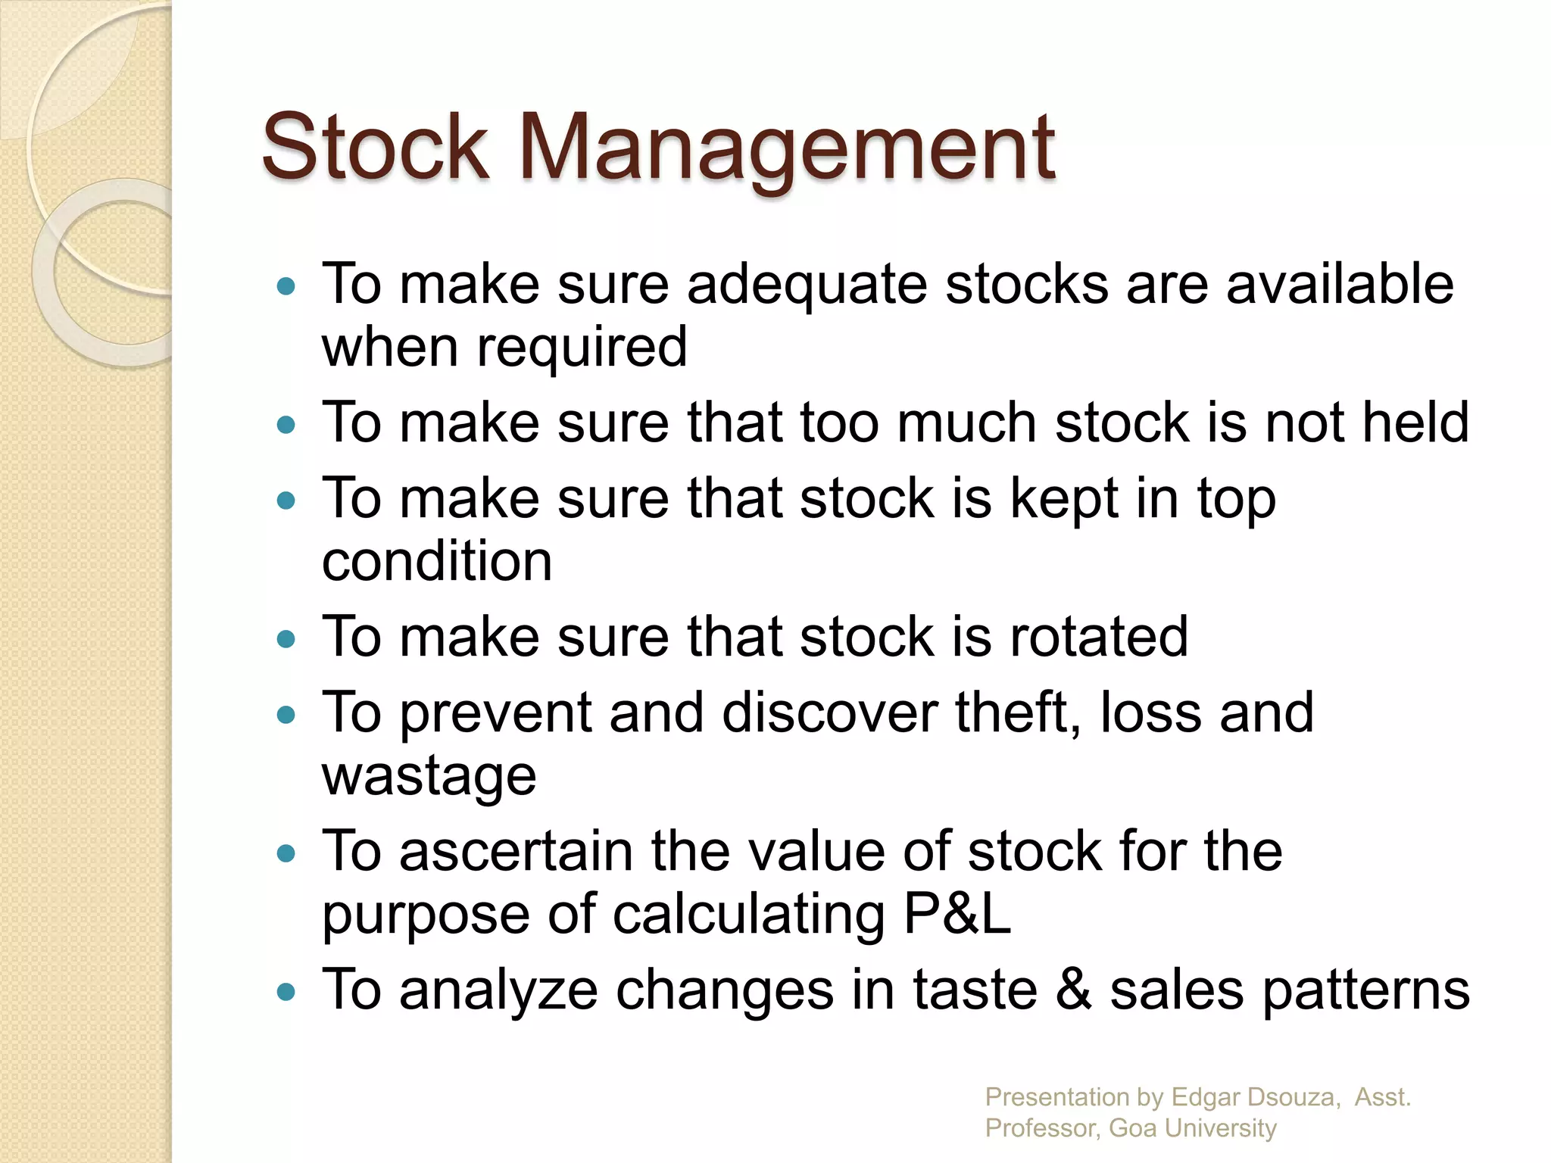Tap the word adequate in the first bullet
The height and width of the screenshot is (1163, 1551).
pos(807,285)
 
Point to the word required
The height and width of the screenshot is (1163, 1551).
pos(582,348)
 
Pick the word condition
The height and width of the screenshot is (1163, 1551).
pos(437,562)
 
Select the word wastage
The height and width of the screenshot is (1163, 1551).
pos(429,777)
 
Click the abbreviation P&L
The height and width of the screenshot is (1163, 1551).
pos(957,915)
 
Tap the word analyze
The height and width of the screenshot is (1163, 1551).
pos(498,990)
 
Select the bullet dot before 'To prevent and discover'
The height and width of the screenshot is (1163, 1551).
pos(286,715)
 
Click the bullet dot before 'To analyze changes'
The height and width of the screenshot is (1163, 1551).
pos(286,992)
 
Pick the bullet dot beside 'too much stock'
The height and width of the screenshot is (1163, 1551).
pos(286,425)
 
